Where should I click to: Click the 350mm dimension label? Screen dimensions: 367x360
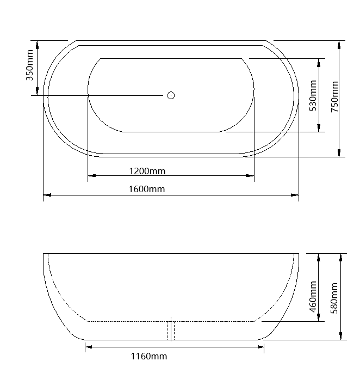30,64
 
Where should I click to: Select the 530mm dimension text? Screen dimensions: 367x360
313,96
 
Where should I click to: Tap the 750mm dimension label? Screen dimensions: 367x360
334,96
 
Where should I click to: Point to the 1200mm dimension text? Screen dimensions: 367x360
147,171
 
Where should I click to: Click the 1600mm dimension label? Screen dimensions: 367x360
147,189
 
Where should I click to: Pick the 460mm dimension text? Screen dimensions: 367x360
313,297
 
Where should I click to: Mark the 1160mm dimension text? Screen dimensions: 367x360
149,357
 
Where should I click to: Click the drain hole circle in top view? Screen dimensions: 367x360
171,95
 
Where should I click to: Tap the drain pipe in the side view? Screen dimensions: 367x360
171,330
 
